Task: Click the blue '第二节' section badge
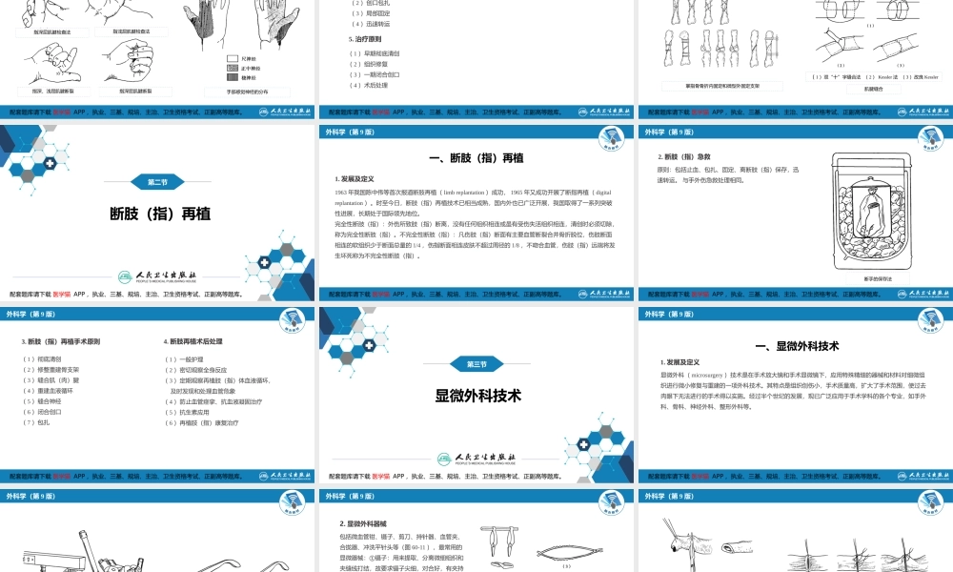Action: [x=157, y=181]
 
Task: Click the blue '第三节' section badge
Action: [x=476, y=364]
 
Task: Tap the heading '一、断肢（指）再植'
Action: [x=476, y=157]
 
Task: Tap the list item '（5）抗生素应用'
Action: [x=192, y=412]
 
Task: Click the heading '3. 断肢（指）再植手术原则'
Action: [x=60, y=340]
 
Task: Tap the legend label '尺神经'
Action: [x=249, y=58]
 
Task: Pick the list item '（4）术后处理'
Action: [x=368, y=85]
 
